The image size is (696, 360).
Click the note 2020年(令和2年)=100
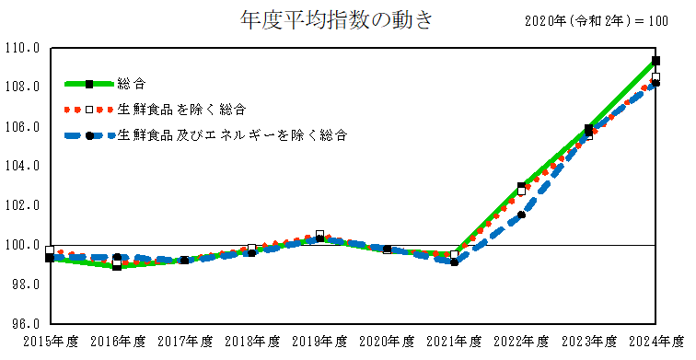(596, 21)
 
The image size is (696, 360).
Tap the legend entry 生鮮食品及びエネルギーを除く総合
(232, 135)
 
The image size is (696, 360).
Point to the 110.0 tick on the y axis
(21, 48)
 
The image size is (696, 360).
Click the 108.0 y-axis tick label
(21, 87)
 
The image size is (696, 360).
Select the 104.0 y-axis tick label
(21, 167)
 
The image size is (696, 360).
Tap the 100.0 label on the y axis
(21, 246)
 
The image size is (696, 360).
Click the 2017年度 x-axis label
(184, 342)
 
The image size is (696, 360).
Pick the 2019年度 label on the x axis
(319, 342)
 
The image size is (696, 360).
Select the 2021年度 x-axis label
(454, 342)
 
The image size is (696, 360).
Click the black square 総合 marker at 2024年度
(655, 60)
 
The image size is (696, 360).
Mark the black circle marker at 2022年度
(521, 215)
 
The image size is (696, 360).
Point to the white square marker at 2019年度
(319, 235)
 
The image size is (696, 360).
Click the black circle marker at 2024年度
(655, 84)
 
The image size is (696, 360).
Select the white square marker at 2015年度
(50, 250)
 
